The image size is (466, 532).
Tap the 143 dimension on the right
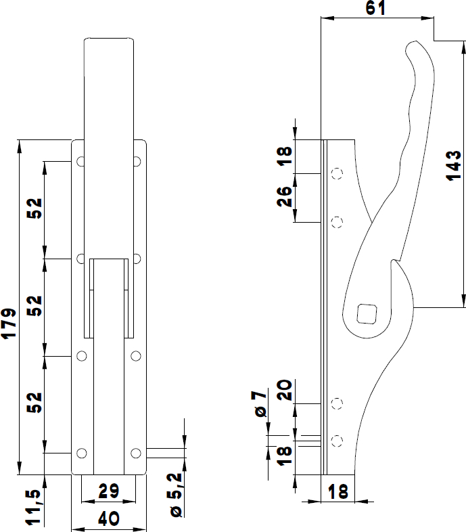pyautogui.click(x=454, y=165)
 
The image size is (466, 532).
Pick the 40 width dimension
pyautogui.click(x=109, y=519)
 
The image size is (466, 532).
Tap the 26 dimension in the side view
pyautogui.click(x=285, y=196)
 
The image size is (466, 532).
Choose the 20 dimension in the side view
pyautogui.click(x=285, y=391)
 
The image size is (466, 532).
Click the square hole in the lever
pyautogui.click(x=366, y=313)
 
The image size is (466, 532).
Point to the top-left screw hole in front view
pyautogui.click(x=81, y=162)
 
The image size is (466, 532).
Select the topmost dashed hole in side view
pyautogui.click(x=336, y=174)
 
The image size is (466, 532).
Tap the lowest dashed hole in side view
pyautogui.click(x=336, y=441)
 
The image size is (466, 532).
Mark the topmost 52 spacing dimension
pyautogui.click(x=35, y=209)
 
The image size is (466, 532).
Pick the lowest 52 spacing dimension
pyautogui.click(x=35, y=403)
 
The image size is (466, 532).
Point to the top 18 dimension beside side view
pyautogui.click(x=285, y=156)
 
